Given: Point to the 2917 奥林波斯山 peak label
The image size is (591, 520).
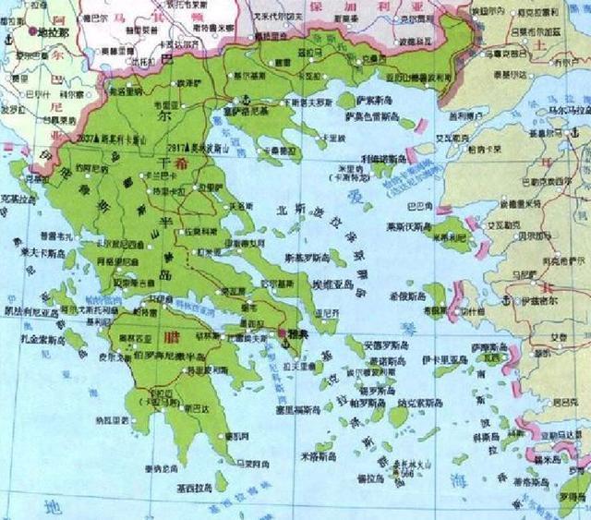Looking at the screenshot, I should coord(196,147).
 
